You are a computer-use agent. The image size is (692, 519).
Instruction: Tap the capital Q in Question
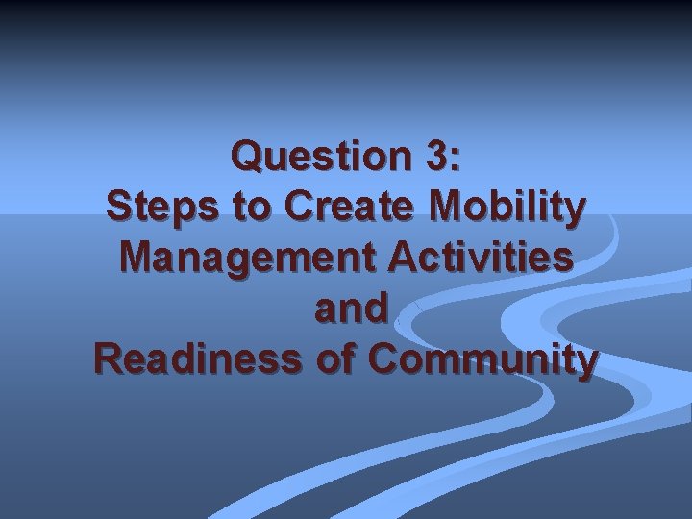click(x=248, y=157)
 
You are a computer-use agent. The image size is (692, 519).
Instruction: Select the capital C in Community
click(x=383, y=359)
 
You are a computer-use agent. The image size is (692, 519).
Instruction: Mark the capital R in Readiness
click(x=107, y=359)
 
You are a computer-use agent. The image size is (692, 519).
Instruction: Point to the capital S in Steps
click(x=119, y=207)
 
